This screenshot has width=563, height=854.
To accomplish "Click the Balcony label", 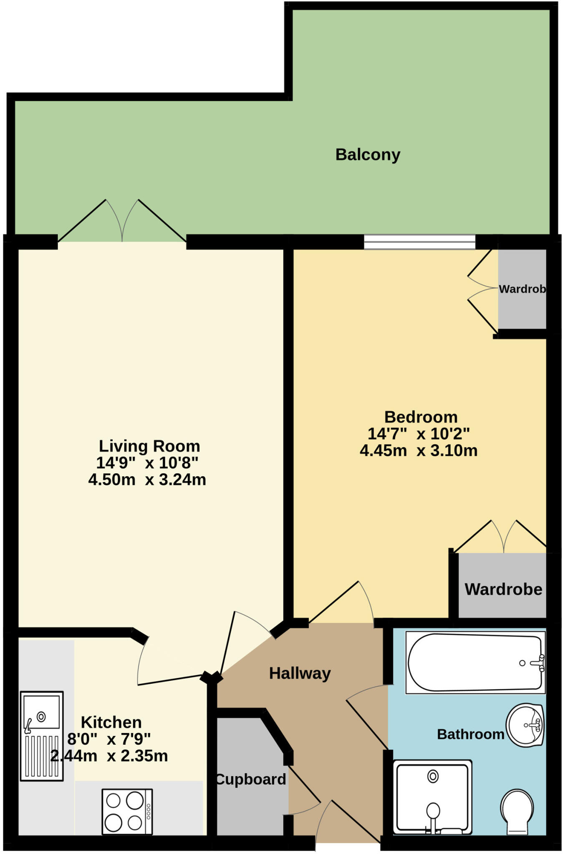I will point(367,155).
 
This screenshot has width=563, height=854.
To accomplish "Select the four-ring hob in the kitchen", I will point(127,811).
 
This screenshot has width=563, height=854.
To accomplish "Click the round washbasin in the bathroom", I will point(525,725).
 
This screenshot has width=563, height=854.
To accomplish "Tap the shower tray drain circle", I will point(433,776).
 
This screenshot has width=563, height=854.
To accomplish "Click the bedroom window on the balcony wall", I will point(419,242).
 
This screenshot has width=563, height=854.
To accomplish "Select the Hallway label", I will point(300,673).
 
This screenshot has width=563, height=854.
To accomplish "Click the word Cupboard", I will point(251,779).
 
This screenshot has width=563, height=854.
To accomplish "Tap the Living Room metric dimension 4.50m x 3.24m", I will point(147,480).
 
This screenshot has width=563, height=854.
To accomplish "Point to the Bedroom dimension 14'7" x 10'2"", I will point(418,434).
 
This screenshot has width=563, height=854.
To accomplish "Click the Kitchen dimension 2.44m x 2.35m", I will point(109,756).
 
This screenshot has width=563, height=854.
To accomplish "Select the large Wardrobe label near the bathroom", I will point(503,589).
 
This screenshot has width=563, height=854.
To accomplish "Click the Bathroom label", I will point(470,734).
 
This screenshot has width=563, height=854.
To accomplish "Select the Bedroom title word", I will point(421,417).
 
